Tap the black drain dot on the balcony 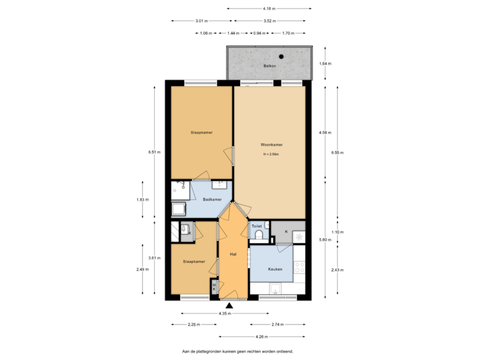coord(281,57)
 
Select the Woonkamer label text coord(271,145)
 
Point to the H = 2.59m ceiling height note coord(271,154)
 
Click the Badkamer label coord(212,199)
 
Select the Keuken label coord(275,269)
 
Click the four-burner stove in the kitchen coord(299,268)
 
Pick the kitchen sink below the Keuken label coord(274,289)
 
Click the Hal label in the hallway coord(233,254)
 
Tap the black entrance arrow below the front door coord(229,306)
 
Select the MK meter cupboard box coord(214,287)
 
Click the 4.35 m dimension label coord(225,313)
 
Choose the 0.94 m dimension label coord(257,32)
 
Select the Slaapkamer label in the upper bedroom coord(201,133)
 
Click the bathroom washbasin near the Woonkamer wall coord(223,185)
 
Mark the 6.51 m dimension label coord(155,152)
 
